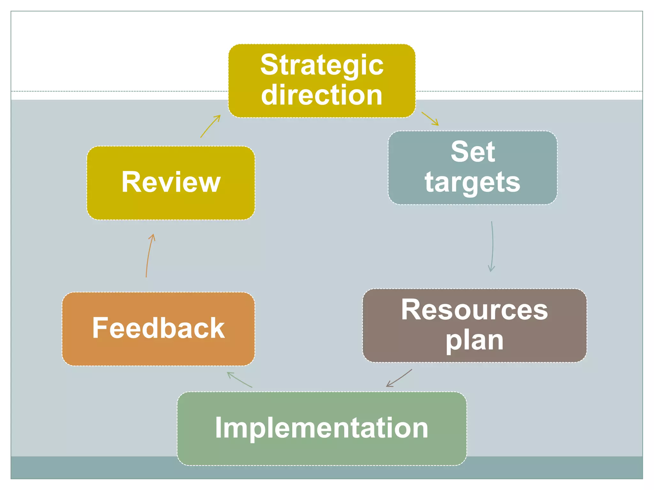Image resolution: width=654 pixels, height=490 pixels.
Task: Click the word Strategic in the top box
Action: (x=322, y=66)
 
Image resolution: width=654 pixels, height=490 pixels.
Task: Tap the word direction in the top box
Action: (x=322, y=95)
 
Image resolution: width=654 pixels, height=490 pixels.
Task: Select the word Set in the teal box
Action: (x=473, y=152)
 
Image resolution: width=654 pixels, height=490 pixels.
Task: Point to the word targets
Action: (x=472, y=182)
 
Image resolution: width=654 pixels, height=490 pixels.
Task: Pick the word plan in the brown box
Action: (x=475, y=341)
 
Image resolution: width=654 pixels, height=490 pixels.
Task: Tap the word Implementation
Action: (x=322, y=428)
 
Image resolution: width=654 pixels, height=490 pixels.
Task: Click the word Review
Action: (x=171, y=182)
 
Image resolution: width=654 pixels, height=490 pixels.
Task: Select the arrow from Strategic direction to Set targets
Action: (x=430, y=119)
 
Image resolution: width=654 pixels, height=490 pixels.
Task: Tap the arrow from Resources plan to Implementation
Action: (x=399, y=378)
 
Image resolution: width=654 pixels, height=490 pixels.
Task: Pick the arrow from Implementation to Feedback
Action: (x=240, y=380)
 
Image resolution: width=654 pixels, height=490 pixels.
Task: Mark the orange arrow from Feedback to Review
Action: (x=150, y=255)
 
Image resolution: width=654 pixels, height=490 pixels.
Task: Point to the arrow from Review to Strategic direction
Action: (x=210, y=126)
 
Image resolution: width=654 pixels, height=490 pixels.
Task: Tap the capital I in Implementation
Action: (x=218, y=428)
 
